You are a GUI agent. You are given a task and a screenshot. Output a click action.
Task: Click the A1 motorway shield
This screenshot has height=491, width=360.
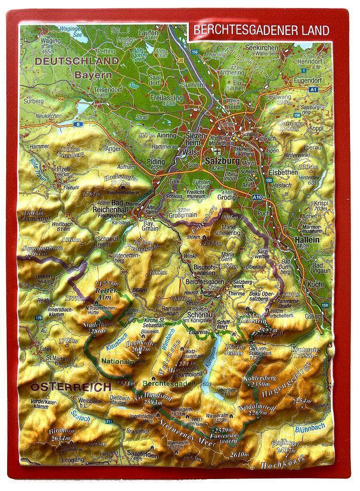coord(313,89)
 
